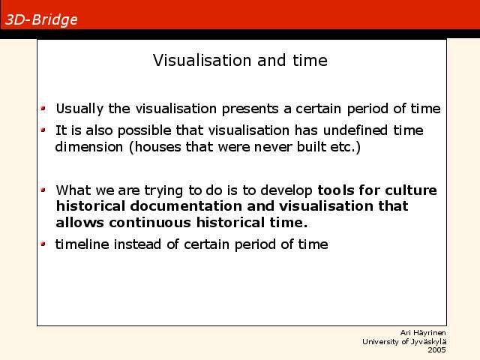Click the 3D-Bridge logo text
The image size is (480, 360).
click(41, 20)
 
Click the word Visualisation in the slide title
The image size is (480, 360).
click(202, 60)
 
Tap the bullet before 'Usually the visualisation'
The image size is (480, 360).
click(43, 108)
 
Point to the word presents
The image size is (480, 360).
click(250, 109)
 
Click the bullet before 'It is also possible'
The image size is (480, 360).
click(43, 130)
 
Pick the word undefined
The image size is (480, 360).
click(355, 130)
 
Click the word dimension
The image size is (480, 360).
click(89, 147)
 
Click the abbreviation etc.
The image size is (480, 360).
click(342, 147)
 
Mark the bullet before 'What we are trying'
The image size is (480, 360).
click(43, 190)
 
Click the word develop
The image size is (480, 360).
click(286, 191)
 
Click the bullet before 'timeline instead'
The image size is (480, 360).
click(43, 244)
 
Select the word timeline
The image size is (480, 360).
click(82, 244)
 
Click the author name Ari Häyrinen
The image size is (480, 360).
click(423, 333)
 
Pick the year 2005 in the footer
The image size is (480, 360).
click(436, 350)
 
